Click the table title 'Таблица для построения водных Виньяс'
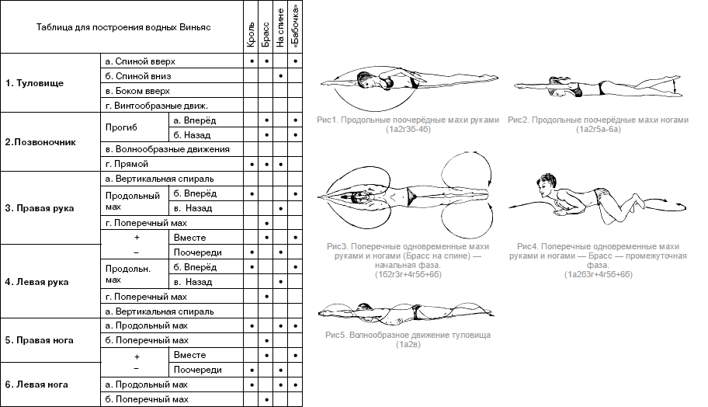click(124, 27)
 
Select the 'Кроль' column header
click(252, 28)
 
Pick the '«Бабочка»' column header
click(296, 26)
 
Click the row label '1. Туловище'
click(35, 82)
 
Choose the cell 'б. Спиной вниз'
click(137, 75)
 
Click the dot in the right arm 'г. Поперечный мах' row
click(266, 223)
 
